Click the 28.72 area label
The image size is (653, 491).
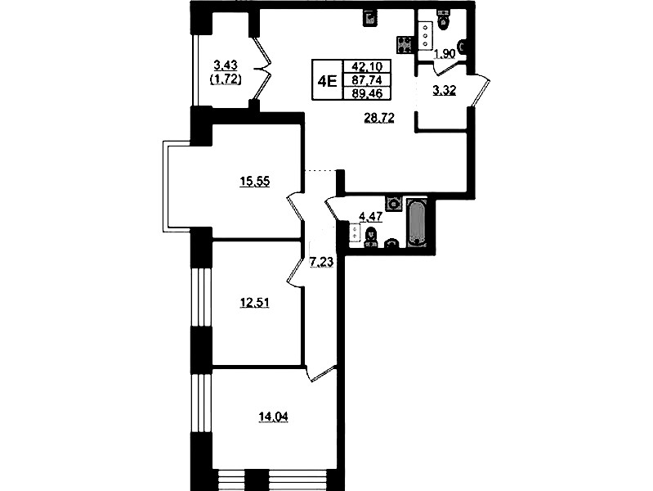379,119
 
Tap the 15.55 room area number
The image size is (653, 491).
255,182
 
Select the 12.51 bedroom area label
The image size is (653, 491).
254,302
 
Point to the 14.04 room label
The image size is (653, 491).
273,417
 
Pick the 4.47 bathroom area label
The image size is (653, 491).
370,217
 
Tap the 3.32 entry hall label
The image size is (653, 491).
445,90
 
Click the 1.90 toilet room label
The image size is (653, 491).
445,54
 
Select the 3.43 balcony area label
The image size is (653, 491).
226,65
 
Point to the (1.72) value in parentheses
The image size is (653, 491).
226,79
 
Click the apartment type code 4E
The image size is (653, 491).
327,80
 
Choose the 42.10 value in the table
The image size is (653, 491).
366,66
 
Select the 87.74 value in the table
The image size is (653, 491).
366,79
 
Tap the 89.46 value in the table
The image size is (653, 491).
366,93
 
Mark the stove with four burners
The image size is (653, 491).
404,45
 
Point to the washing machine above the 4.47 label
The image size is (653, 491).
393,204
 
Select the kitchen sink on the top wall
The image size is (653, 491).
370,18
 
